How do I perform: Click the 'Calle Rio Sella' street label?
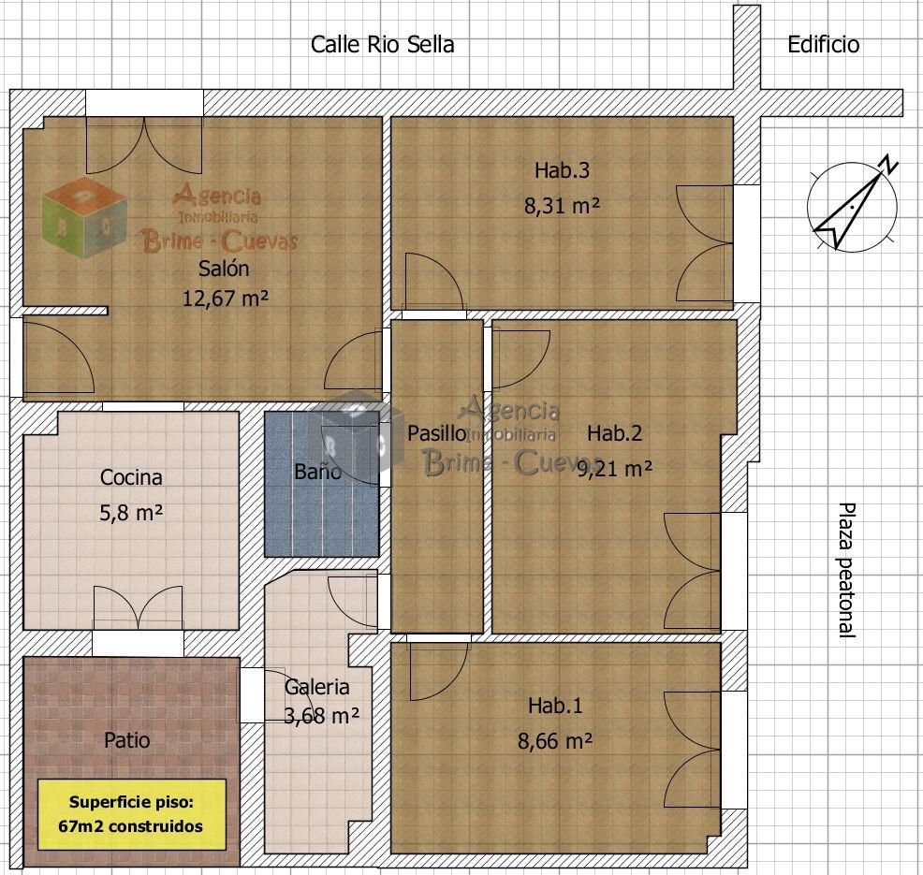click(382, 45)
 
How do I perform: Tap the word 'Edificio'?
click(823, 45)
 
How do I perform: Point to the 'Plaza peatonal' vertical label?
click(846, 570)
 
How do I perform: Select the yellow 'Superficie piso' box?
click(132, 814)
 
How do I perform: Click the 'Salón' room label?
click(224, 269)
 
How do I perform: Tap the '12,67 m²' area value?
click(225, 299)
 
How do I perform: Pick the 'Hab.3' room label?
click(562, 170)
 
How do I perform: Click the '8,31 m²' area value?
click(562, 206)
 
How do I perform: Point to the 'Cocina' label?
click(131, 477)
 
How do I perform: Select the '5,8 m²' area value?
click(131, 513)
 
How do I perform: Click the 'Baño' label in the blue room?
click(318, 472)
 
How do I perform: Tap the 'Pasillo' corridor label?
click(437, 433)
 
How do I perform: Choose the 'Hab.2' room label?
click(614, 433)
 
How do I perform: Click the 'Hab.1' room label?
click(555, 706)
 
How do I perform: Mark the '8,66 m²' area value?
click(555, 741)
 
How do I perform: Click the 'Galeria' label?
click(316, 687)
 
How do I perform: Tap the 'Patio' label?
click(126, 740)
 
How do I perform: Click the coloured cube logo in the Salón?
click(84, 217)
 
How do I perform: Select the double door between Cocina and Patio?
click(138, 608)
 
